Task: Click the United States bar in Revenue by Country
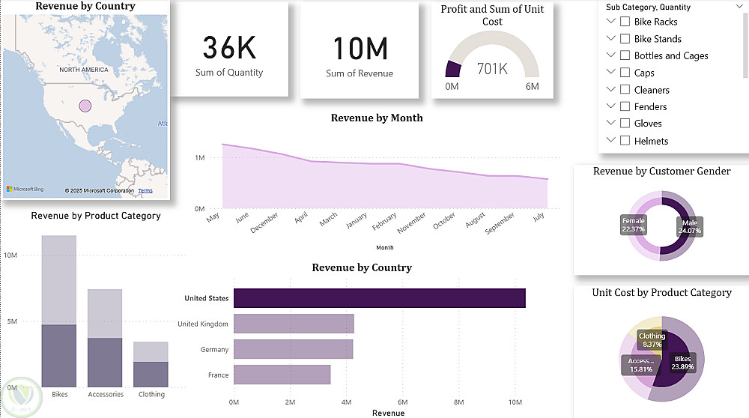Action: [x=379, y=298]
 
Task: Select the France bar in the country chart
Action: [x=282, y=375]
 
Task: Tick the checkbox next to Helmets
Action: [x=625, y=140]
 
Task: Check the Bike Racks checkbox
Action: [x=625, y=22]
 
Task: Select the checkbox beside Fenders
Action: [x=625, y=106]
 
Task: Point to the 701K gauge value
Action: [x=492, y=69]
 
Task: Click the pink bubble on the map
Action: [x=85, y=106]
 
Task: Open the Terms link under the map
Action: [x=145, y=191]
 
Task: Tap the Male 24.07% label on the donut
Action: [x=690, y=226]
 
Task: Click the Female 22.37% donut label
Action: [x=634, y=225]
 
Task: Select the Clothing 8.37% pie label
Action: [x=652, y=340]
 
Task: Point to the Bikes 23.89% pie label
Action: [x=682, y=363]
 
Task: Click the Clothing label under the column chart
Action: [x=151, y=394]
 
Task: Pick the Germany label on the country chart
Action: [x=214, y=349]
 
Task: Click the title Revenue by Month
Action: [x=377, y=118]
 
